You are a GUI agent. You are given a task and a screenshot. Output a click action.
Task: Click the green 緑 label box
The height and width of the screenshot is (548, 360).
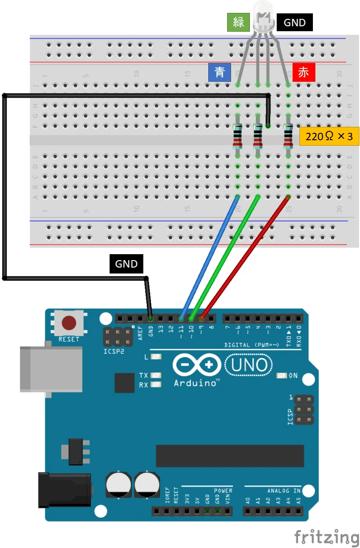238,22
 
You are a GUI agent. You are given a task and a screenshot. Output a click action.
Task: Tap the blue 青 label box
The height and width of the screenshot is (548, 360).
220,72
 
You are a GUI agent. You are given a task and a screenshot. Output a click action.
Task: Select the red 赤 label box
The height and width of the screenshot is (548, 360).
303,72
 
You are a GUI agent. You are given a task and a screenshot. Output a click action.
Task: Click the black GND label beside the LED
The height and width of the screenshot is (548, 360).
295,22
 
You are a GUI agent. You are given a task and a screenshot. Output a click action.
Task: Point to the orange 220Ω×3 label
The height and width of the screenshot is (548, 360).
329,136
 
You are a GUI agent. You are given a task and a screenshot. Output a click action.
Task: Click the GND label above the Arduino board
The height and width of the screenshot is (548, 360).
126,264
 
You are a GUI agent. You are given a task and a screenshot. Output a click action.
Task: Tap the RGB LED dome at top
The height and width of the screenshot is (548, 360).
263,15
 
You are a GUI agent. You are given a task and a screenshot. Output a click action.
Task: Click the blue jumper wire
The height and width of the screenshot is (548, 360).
208,258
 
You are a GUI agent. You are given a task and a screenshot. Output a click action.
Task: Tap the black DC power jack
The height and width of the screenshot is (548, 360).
64,489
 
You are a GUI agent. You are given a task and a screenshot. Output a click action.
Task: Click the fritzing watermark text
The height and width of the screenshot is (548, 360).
326,537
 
